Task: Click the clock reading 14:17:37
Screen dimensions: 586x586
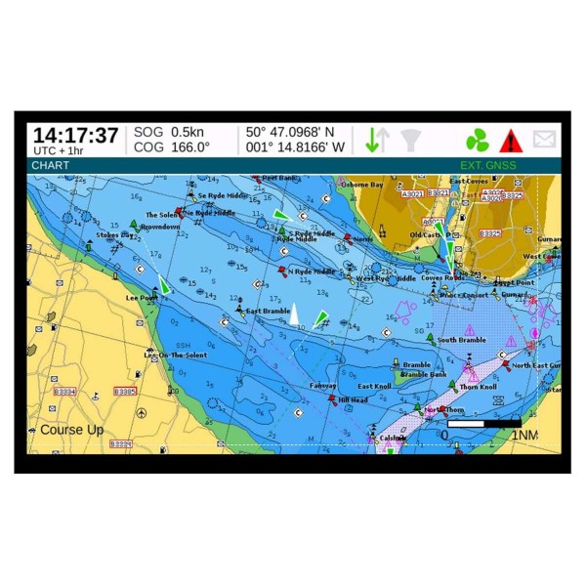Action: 75,135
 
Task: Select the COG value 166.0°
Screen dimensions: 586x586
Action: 190,147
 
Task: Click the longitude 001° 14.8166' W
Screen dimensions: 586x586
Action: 295,147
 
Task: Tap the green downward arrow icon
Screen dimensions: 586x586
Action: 371,140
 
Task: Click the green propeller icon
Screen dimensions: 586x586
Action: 477,140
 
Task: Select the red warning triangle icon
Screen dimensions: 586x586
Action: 511,141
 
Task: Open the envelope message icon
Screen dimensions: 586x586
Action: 544,140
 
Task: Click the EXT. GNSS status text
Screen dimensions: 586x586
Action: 487,165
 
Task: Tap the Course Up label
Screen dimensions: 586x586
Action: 71,430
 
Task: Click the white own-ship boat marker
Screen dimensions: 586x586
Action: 293,314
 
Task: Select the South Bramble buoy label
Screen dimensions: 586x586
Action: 461,340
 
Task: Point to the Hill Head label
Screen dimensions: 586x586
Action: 354,400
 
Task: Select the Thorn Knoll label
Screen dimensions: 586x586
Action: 478,387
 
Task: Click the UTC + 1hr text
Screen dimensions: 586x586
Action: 59,150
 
